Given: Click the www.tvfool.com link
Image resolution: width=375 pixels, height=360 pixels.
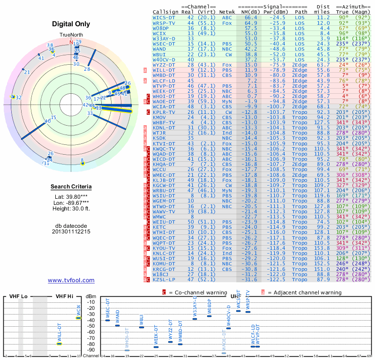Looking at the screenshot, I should (x=71, y=280).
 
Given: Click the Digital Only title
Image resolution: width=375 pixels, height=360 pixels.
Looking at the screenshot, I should (x=71, y=23).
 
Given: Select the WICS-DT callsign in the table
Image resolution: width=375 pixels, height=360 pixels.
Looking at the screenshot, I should (x=164, y=17).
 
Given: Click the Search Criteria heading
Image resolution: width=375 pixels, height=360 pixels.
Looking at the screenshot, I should (x=71, y=187).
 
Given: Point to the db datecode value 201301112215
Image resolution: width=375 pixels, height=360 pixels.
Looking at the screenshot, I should (x=71, y=232).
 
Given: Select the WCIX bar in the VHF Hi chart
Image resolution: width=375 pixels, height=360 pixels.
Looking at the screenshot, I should (x=79, y=318).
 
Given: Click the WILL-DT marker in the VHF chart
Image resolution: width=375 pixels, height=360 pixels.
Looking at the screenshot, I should (x=60, y=344).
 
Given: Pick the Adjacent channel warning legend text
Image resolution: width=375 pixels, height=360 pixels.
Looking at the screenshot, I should (x=305, y=292).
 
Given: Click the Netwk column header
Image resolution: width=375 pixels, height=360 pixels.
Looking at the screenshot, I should (x=227, y=12).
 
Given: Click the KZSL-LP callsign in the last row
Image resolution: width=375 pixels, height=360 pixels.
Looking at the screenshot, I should (x=164, y=280).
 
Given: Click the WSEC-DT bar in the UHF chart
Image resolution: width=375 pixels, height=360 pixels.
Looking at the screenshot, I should (x=108, y=320).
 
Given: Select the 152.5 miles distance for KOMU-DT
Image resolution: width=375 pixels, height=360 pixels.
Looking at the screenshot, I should (x=323, y=264).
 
